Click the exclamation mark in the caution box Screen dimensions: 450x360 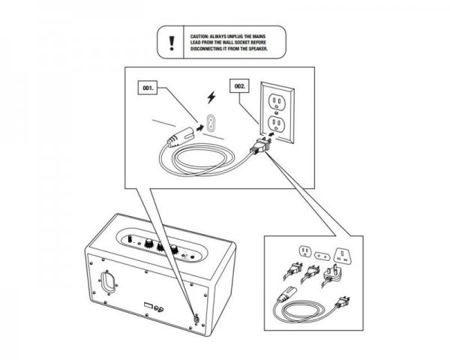[x=172, y=43]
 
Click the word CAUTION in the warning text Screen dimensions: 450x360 [x=199, y=37]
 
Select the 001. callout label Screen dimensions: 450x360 [x=148, y=88]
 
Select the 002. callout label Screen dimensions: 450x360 [x=240, y=86]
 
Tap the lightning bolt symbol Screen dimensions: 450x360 [x=211, y=97]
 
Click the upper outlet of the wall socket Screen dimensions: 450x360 [x=276, y=102]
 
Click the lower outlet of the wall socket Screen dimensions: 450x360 [x=275, y=123]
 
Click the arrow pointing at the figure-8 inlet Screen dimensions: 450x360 [x=199, y=128]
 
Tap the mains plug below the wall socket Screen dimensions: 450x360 [x=261, y=145]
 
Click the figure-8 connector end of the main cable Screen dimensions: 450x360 [x=179, y=137]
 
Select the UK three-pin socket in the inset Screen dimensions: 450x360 [x=343, y=256]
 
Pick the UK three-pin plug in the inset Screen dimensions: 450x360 [x=331, y=275]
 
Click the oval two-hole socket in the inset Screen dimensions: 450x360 [x=322, y=256]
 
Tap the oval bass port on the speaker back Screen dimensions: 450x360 [x=107, y=282]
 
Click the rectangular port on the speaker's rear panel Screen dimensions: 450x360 [x=148, y=305]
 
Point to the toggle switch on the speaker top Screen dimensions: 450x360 [x=131, y=238]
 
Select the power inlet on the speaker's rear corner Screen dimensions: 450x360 [x=196, y=318]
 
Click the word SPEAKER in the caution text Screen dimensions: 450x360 [x=258, y=49]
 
